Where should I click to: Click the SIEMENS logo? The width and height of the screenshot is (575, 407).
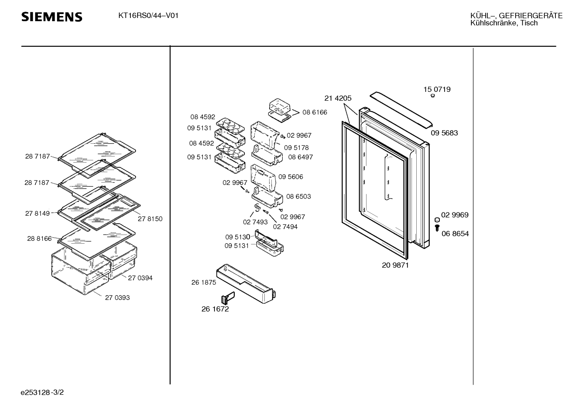(52, 17)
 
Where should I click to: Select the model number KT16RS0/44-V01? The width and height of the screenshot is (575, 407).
(148, 16)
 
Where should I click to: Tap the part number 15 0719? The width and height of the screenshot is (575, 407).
(437, 89)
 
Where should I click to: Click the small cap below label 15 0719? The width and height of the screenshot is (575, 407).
(433, 96)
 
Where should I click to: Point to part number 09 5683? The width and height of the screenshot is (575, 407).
(444, 133)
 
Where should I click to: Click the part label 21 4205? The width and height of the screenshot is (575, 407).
(338, 98)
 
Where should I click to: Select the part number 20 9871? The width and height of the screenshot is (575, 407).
(395, 265)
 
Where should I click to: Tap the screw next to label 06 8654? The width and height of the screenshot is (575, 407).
(437, 228)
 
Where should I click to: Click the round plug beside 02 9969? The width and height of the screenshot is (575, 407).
(437, 220)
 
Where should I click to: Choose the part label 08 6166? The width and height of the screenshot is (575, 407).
(315, 112)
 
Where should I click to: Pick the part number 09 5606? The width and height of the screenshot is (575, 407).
(291, 177)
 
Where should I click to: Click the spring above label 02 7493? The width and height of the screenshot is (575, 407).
(257, 207)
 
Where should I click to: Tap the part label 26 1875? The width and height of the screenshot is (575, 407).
(203, 282)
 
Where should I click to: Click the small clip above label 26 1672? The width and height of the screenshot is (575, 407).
(228, 298)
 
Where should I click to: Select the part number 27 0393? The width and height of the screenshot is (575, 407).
(117, 298)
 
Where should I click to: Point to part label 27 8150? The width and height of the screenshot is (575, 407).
(150, 219)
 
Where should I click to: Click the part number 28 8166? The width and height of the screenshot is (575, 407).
(39, 238)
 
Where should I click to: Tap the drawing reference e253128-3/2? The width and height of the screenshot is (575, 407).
(42, 393)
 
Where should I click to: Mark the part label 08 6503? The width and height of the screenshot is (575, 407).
(298, 197)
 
